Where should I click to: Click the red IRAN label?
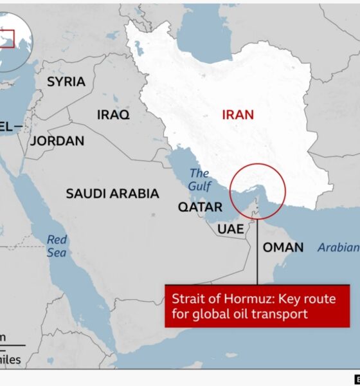tap(238, 115)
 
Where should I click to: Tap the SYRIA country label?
tap(66, 82)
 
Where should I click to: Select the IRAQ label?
tap(113, 115)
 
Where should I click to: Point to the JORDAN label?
tap(57, 141)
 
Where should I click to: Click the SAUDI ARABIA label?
tap(113, 193)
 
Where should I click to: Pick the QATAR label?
tap(200, 207)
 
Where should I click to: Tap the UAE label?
tap(230, 228)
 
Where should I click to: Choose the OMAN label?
tap(283, 247)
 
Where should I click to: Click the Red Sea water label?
tap(57, 246)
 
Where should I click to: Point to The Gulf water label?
tap(199, 179)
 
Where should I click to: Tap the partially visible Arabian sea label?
tap(338, 247)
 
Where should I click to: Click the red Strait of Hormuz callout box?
tap(257, 306)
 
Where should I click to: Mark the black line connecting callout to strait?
tap(257, 251)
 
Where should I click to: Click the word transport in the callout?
tap(281, 314)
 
